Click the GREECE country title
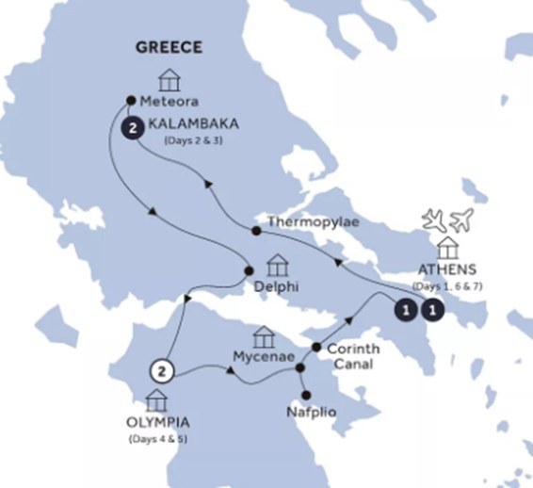(169, 48)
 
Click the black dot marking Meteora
(130, 98)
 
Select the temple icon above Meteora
(170, 78)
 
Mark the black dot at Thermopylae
(257, 231)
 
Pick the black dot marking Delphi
(250, 271)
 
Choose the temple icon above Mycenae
(264, 335)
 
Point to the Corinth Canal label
(353, 355)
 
